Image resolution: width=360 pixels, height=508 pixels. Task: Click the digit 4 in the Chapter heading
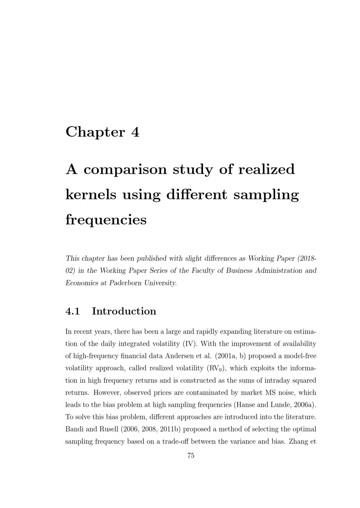pyautogui.click(x=135, y=132)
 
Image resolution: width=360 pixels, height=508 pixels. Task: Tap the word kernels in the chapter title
pyautogui.click(x=91, y=194)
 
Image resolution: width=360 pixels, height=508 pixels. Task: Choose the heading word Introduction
pyautogui.click(x=124, y=311)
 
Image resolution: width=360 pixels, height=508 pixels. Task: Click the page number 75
pyautogui.click(x=191, y=456)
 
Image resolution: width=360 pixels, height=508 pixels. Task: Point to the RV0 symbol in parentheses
pyautogui.click(x=216, y=368)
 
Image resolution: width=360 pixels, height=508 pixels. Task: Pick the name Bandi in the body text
pyautogui.click(x=74, y=429)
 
